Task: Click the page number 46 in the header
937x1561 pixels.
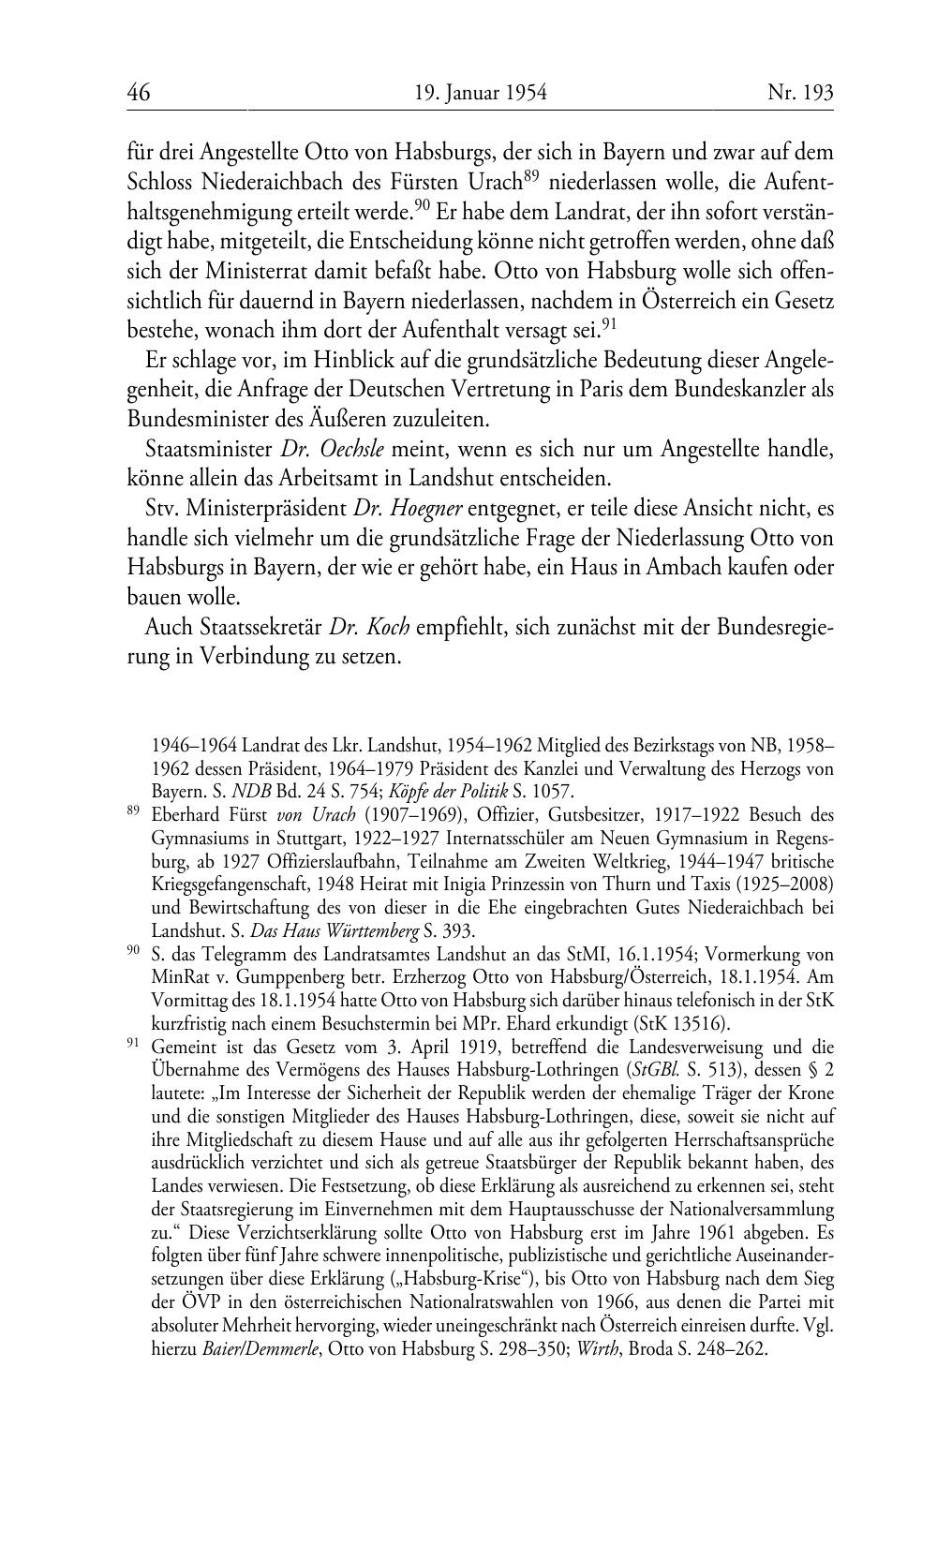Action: pos(139,93)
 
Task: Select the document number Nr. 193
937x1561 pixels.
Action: pos(800,93)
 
